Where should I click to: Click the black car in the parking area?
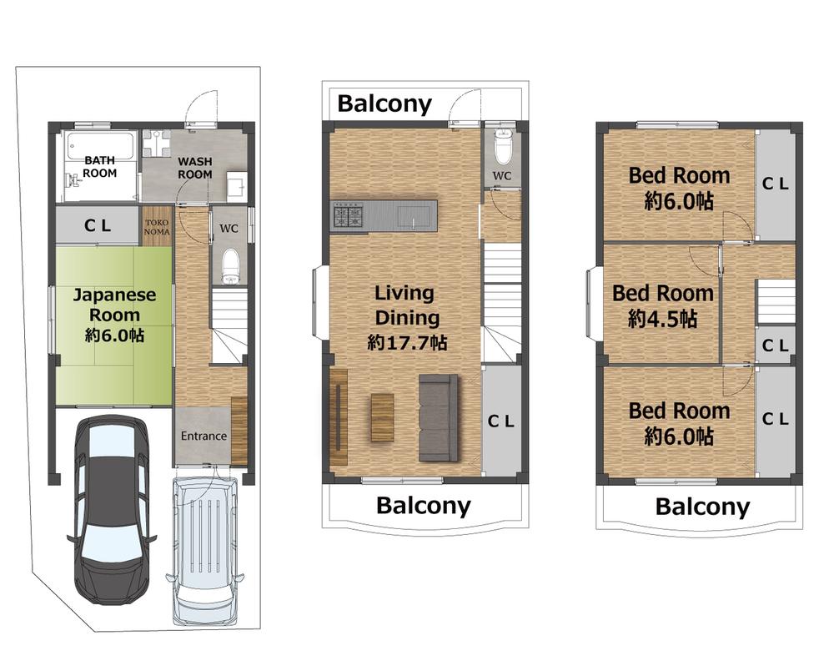[112, 509]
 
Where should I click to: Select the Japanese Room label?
[114, 305]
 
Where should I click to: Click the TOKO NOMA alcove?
[157, 227]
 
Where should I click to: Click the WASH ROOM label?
[194, 167]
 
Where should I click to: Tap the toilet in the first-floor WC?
[231, 266]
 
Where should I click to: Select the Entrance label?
[203, 436]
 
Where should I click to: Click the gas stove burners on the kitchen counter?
[348, 216]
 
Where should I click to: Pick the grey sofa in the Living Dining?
[439, 417]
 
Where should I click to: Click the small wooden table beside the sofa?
[383, 417]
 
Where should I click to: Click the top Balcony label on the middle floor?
[384, 103]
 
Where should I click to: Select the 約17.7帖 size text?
[407, 342]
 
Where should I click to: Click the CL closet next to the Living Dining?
[501, 421]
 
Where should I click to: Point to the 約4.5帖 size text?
[662, 319]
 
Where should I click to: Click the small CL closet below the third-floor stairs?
[775, 345]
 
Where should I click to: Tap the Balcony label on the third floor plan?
[702, 507]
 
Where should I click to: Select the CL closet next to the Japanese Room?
[98, 225]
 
